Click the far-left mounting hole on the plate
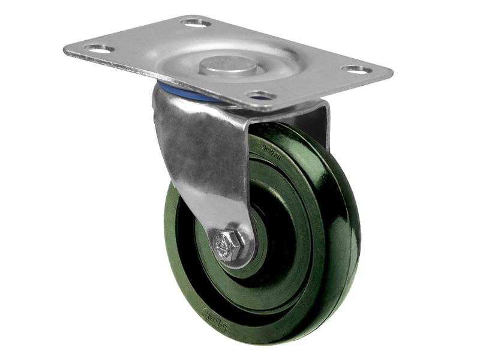pos(99,47)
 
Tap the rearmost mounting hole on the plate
pos(196,23)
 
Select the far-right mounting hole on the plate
pos(357,68)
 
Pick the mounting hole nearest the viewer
pos(262,95)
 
